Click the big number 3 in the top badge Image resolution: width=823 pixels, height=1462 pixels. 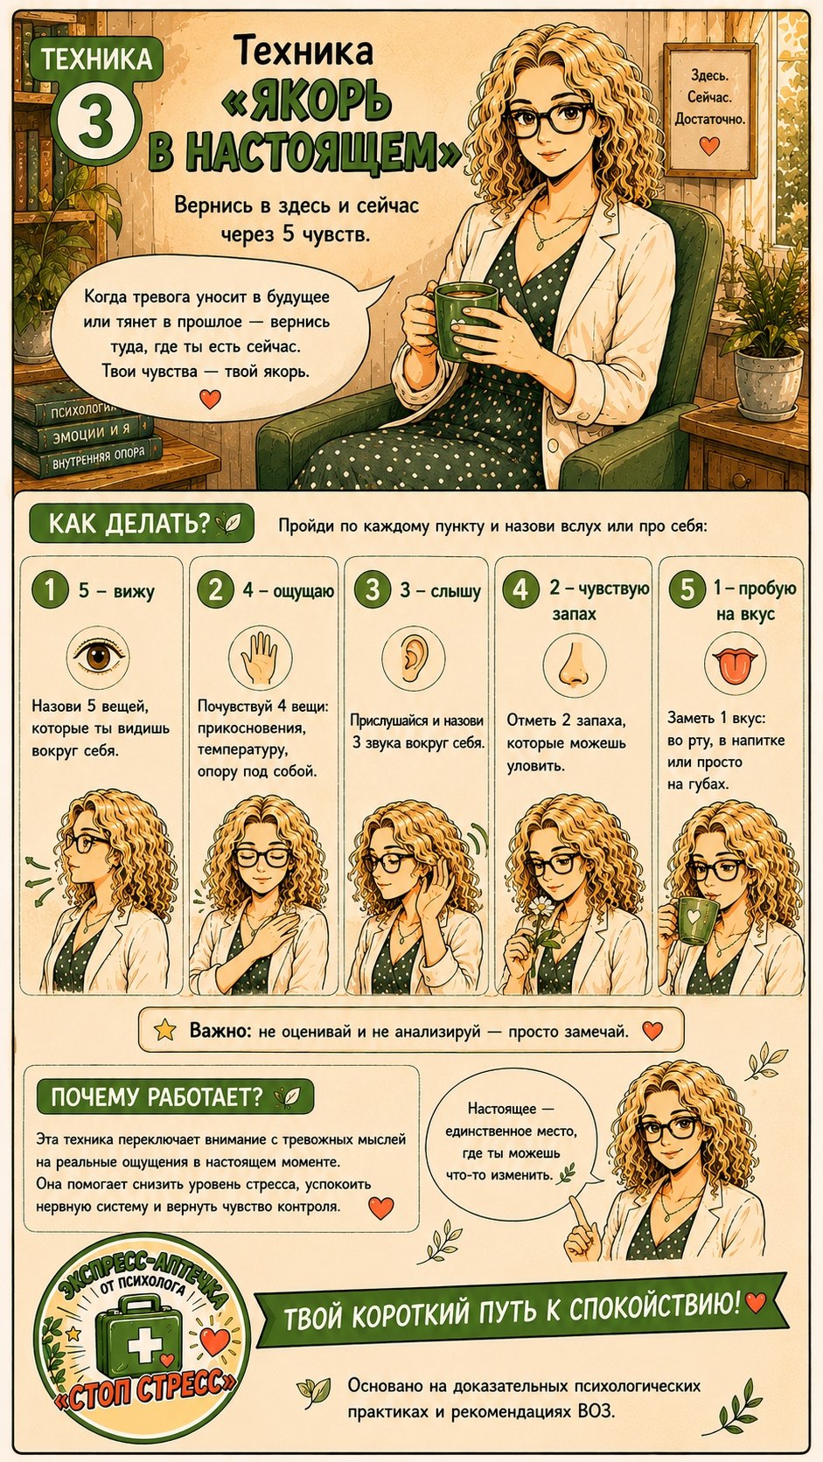click(96, 122)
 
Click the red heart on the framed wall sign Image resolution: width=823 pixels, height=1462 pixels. click(709, 145)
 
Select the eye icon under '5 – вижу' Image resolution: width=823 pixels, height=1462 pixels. click(99, 657)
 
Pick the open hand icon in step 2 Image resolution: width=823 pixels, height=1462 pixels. click(259, 656)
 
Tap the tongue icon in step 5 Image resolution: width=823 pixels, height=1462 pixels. click(735, 665)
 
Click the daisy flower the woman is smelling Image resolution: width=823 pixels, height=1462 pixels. click(541, 905)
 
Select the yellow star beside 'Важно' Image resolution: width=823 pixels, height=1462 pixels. click(164, 1031)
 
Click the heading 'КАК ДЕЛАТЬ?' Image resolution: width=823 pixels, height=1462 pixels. click(129, 524)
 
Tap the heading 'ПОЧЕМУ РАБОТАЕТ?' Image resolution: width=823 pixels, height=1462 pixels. click(157, 1097)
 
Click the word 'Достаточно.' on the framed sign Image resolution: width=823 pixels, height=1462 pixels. click(709, 120)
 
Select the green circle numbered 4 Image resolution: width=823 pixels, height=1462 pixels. click(520, 589)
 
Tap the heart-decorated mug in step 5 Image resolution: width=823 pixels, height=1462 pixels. click(693, 919)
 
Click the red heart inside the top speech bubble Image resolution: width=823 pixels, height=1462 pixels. click(210, 399)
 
